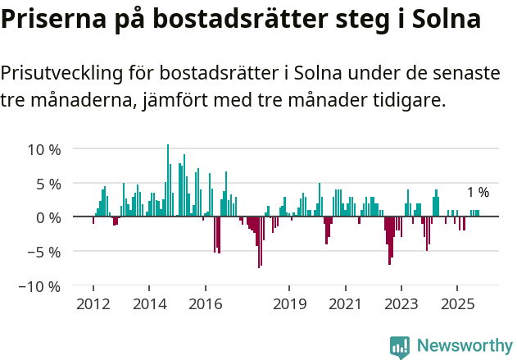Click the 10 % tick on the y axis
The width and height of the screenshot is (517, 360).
[44, 149]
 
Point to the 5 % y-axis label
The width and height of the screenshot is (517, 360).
[48, 184]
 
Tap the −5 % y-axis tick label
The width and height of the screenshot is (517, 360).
[44, 252]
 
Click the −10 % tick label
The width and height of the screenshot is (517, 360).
[40, 286]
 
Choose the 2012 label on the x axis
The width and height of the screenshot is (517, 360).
[93, 304]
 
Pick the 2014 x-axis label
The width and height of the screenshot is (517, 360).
[149, 304]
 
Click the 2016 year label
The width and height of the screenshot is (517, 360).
[205, 304]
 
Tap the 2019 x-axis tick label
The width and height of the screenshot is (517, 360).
[289, 304]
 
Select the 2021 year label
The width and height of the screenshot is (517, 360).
[345, 304]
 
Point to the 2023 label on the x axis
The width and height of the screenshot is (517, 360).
[401, 304]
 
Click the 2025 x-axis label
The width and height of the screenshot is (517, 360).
[457, 304]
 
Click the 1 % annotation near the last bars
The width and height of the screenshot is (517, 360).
[478, 193]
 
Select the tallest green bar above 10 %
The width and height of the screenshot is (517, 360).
[168, 180]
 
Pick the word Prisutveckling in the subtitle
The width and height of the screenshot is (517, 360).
[61, 73]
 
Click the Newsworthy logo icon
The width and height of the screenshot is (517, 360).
[400, 346]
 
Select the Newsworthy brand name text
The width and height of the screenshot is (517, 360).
[465, 346]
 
